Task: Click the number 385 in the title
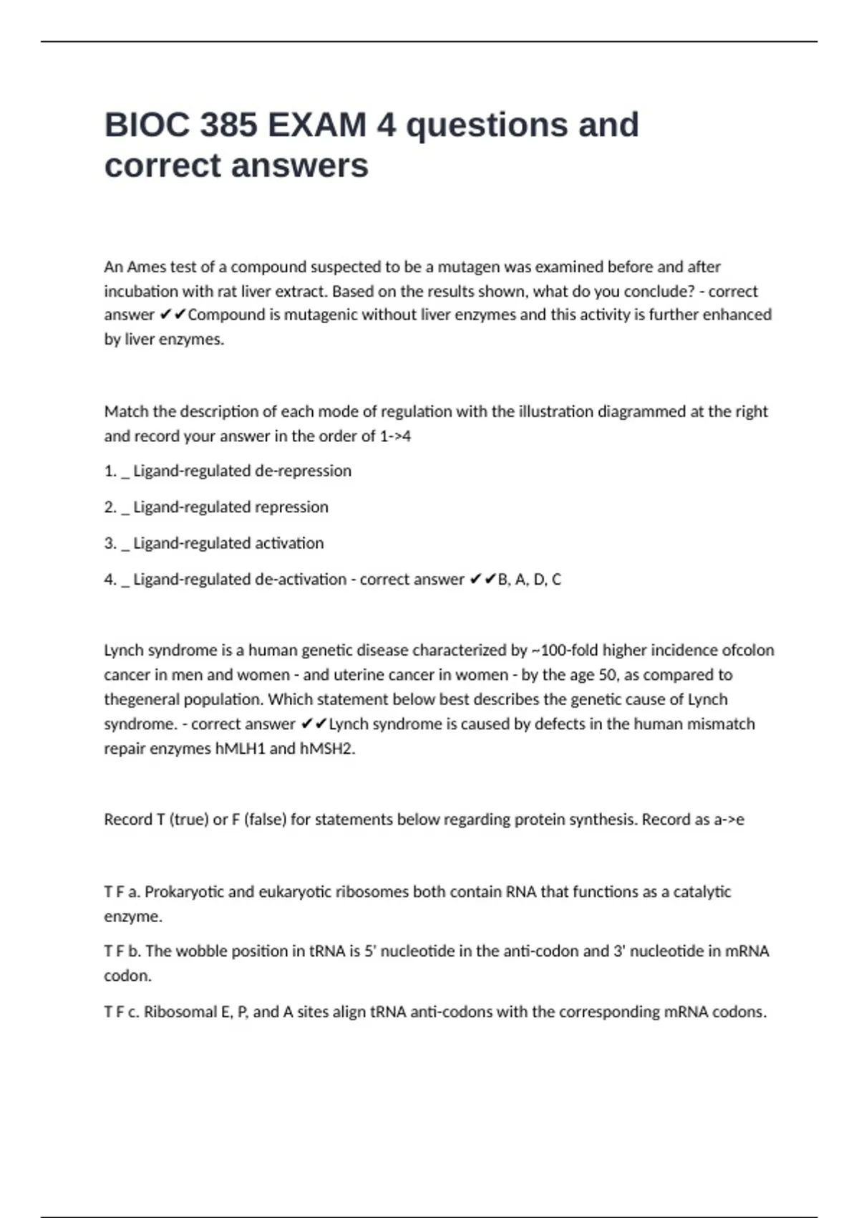coord(228,125)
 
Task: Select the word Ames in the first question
coord(146,267)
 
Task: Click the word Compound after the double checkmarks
coord(225,315)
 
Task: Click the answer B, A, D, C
coord(529,580)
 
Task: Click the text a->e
coord(729,820)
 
